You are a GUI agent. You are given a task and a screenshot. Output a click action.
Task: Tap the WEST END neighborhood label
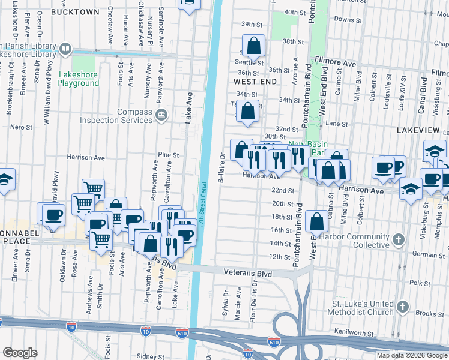point(255,82)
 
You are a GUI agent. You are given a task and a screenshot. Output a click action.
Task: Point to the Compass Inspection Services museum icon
point(160,115)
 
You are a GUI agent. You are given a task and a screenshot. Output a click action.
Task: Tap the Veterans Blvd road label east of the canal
point(248,274)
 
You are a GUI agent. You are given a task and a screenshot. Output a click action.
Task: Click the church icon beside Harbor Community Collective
point(398,241)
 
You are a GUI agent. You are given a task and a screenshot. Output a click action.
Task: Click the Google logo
point(20,353)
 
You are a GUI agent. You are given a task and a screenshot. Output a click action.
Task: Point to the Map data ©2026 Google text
point(411,355)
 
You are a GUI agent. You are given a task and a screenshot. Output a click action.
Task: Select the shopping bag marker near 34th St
point(247,111)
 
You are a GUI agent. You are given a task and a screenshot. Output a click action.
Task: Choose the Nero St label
point(21,127)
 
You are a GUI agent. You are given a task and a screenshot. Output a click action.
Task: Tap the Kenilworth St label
point(357,332)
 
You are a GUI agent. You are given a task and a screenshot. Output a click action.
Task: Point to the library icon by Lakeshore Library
point(65,48)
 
